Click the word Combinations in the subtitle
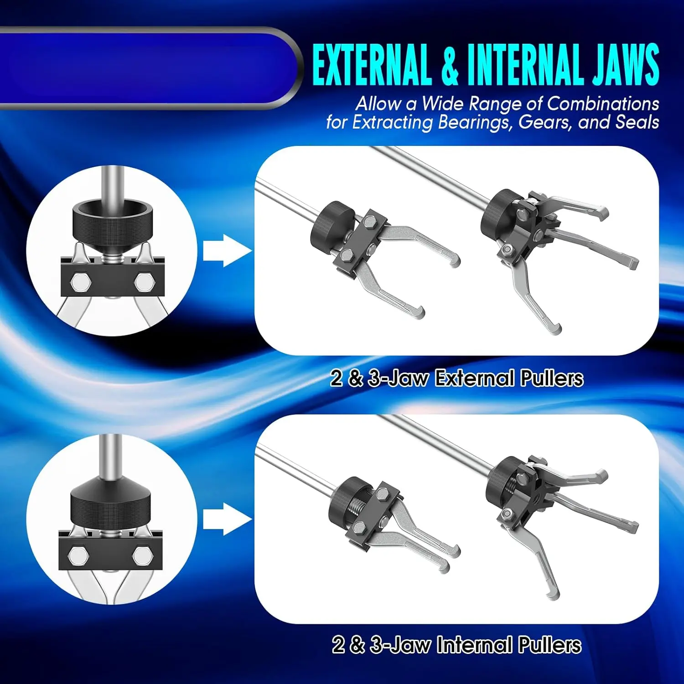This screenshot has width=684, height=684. point(603,104)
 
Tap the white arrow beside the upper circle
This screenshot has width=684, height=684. point(227,250)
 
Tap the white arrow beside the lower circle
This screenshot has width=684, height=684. point(227,519)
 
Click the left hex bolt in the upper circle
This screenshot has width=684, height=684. point(80,282)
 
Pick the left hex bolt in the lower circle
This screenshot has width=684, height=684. point(78,555)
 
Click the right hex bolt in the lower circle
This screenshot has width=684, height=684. point(143,555)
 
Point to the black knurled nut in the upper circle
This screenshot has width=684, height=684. point(112,220)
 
